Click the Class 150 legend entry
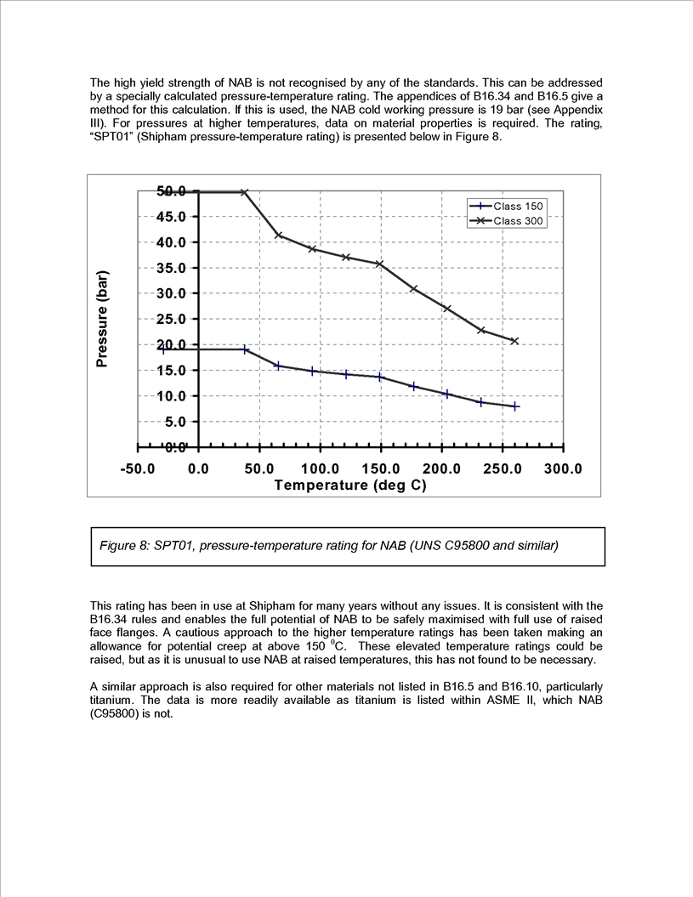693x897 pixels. click(x=506, y=207)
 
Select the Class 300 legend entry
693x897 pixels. click(x=506, y=221)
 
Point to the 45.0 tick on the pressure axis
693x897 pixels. click(x=171, y=217)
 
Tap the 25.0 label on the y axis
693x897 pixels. click(x=171, y=319)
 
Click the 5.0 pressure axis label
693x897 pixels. click(x=174, y=422)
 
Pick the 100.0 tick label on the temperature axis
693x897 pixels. click(x=320, y=469)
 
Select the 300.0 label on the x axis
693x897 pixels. click(x=563, y=469)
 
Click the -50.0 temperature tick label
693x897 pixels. click(x=138, y=469)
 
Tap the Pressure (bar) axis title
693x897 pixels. click(x=102, y=319)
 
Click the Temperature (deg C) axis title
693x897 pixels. click(x=350, y=485)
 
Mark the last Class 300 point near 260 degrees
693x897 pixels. click(x=514, y=341)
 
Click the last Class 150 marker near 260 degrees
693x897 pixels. click(x=515, y=406)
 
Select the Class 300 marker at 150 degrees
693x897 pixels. click(x=379, y=264)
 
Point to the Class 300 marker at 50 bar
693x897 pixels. click(x=244, y=192)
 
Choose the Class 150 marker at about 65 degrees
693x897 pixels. click(x=279, y=366)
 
